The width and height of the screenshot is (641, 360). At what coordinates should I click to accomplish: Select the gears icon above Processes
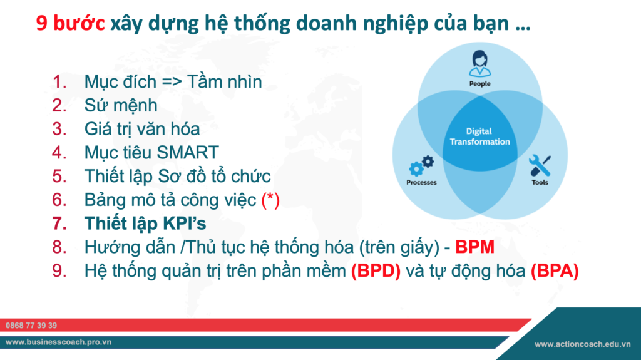pos(421,166)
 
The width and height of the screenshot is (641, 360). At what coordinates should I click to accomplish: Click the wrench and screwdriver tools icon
pos(539,165)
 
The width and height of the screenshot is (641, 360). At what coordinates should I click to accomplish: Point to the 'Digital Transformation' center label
pos(479,136)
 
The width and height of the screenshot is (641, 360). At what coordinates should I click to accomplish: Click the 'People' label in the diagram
pos(479,83)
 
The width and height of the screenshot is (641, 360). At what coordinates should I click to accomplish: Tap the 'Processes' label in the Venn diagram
pos(421,183)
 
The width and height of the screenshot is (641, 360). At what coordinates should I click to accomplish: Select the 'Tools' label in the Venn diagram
pos(540,183)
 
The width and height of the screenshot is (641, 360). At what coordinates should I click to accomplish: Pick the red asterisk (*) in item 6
pos(270,200)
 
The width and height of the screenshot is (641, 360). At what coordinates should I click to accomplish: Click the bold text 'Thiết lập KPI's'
pos(145,224)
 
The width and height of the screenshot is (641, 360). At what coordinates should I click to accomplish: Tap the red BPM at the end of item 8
pos(475,247)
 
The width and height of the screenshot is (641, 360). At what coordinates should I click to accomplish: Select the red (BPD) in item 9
pos(376,271)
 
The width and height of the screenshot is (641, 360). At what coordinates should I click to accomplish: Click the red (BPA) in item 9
pos(554,271)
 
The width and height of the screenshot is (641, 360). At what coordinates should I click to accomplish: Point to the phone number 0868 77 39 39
pos(31,326)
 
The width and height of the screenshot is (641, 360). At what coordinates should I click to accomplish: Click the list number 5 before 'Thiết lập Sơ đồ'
pos(59,176)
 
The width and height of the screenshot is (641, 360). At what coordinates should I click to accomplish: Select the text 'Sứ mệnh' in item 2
pos(121,105)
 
